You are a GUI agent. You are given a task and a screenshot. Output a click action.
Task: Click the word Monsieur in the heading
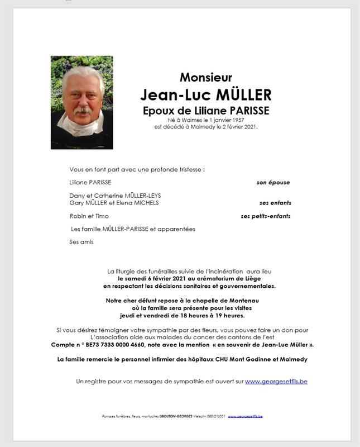click(205, 78)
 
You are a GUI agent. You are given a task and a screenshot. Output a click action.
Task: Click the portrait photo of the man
click(82, 102)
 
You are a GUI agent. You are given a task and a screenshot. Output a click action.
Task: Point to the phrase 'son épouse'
click(273, 182)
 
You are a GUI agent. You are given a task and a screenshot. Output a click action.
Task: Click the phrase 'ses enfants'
click(275, 203)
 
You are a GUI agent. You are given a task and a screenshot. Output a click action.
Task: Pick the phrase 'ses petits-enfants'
click(266, 216)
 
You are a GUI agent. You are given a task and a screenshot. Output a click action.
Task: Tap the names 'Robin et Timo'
click(89, 216)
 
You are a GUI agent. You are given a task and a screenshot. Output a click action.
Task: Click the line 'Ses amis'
click(81, 242)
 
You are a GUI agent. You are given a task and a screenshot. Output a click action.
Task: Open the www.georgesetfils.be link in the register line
click(276, 381)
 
